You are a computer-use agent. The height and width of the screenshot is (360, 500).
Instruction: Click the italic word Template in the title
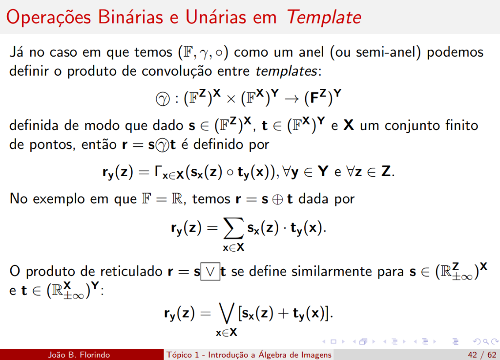324,18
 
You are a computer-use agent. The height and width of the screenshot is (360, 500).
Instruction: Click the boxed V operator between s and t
210,271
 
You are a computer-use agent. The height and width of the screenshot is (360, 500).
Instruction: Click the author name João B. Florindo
79,355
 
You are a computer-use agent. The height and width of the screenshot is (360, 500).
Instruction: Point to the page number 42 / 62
481,355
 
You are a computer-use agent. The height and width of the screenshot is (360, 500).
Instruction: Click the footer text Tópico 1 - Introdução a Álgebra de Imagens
249,355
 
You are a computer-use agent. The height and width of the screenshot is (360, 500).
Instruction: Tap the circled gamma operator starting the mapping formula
161,99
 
